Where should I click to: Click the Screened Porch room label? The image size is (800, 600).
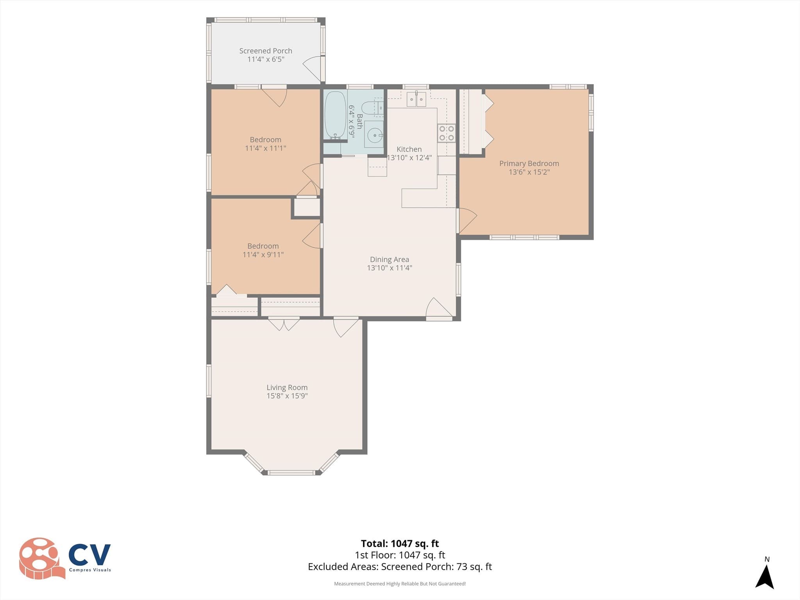266,51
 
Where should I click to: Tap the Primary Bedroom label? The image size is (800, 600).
529,164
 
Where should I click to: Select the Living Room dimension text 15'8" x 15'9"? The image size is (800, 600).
287,396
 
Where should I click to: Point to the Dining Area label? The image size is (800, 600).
389,259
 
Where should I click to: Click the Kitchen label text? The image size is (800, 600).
409,149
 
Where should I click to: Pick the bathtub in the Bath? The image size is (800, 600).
336,114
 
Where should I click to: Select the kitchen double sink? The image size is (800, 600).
416,99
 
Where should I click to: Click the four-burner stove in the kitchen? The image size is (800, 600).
446,133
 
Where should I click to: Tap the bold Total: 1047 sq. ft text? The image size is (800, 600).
400,543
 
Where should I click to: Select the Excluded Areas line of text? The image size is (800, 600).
400,566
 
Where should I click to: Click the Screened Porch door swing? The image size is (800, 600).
312,69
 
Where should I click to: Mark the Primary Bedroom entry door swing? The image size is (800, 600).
468,221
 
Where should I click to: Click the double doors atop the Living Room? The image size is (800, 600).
284,324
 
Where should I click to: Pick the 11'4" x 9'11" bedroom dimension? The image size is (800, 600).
263,255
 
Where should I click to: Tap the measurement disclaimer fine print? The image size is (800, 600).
400,584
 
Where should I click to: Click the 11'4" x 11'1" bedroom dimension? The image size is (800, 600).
266,148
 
